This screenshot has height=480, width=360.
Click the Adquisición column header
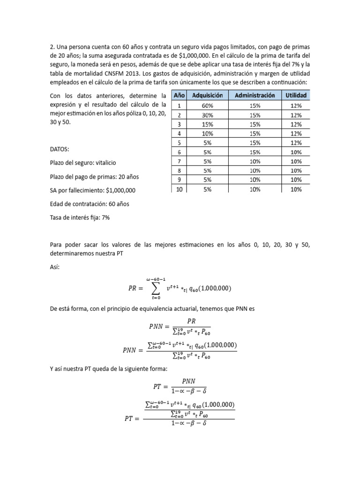point(208,96)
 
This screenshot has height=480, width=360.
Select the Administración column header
point(255,96)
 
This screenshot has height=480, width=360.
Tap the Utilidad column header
point(296,96)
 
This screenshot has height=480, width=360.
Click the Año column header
point(179,96)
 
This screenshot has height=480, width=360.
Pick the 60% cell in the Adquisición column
point(208,106)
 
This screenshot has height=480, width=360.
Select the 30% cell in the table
point(208,115)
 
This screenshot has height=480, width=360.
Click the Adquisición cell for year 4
point(208,134)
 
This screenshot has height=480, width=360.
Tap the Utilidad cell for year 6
point(296,152)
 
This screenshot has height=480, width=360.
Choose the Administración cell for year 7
point(255,161)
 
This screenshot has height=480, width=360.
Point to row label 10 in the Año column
point(179,189)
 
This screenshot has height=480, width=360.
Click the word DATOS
point(59,149)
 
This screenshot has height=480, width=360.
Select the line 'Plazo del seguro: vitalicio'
point(82,163)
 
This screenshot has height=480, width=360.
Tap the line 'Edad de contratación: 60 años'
point(89,204)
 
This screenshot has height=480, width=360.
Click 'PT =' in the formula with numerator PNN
point(162,386)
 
